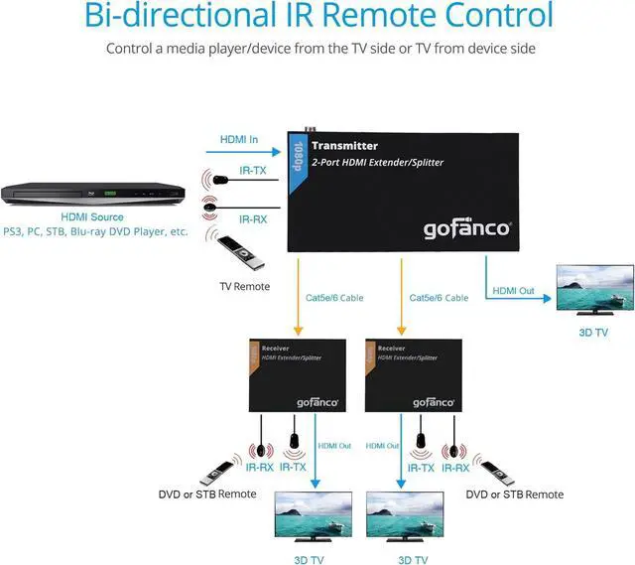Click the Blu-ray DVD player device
point(92,195)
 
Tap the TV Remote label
point(244,286)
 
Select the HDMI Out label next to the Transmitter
point(513,291)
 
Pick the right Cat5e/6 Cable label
point(439,297)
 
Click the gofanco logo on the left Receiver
point(319,402)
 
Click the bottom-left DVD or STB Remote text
point(208,494)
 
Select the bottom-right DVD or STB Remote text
point(514,494)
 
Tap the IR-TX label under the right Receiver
point(421,467)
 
